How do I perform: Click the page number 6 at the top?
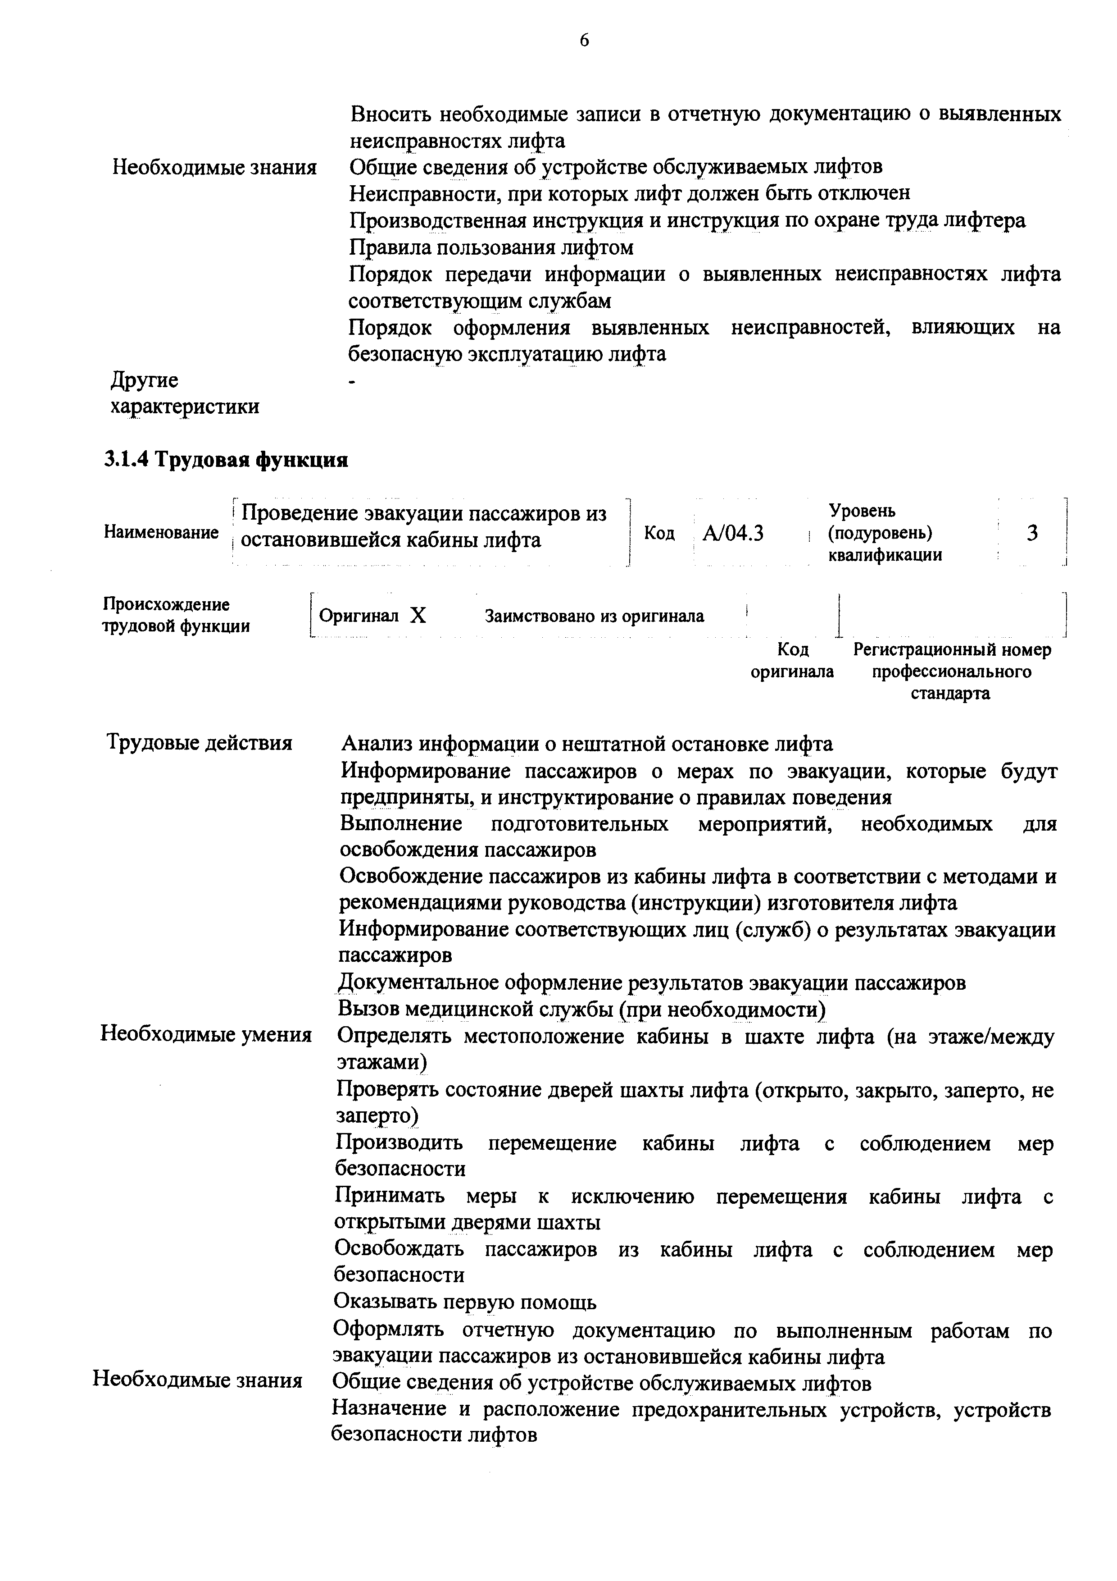coord(584,41)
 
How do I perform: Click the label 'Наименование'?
coord(161,532)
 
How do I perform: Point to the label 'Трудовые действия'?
coord(200,743)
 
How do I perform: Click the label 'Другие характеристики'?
coord(185,393)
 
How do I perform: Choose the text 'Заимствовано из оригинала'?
coord(595,616)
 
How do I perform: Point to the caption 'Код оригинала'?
coord(792,660)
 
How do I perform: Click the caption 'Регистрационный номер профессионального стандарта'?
coord(952,672)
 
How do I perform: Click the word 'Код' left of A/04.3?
coord(659,534)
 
